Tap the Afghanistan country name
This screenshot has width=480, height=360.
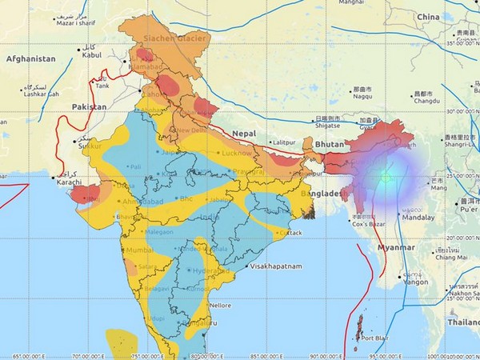pos(32,59)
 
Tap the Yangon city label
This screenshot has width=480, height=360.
pos(414,282)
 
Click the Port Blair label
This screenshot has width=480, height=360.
pos(375,338)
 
